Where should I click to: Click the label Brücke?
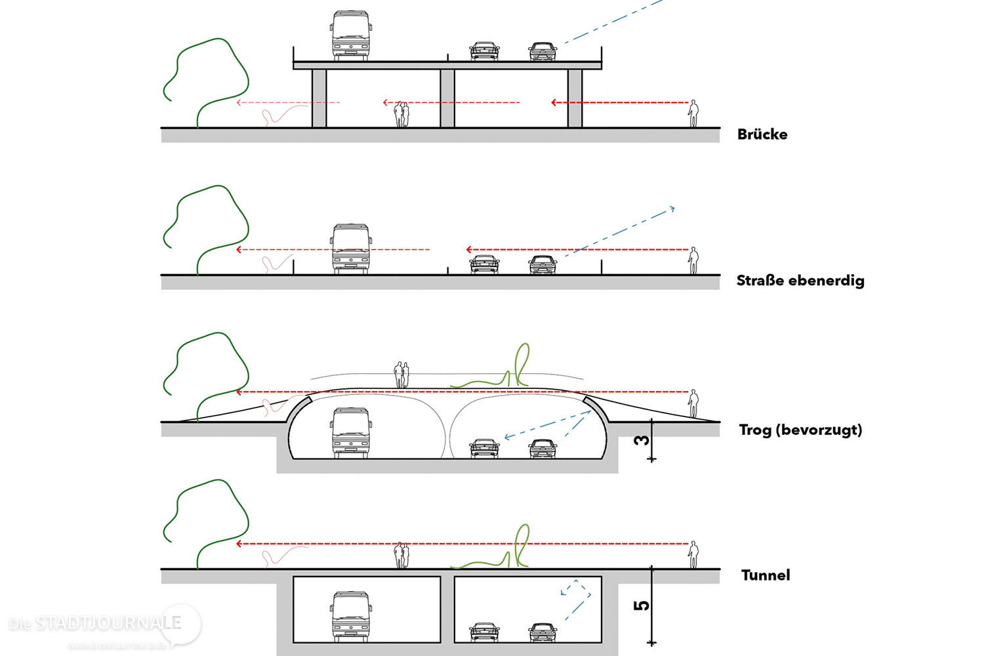pyautogui.click(x=762, y=134)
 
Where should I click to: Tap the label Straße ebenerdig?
pyautogui.click(x=800, y=281)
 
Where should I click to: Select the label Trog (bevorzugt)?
pyautogui.click(x=800, y=430)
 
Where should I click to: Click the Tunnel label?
pyautogui.click(x=765, y=575)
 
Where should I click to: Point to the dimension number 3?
pyautogui.click(x=642, y=440)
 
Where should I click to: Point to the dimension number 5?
pyautogui.click(x=642, y=605)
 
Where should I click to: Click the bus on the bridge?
pyautogui.click(x=350, y=36)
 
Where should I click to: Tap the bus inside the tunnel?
pyautogui.click(x=350, y=617)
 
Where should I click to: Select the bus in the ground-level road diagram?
pyautogui.click(x=350, y=249)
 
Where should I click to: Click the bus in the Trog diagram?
pyautogui.click(x=350, y=433)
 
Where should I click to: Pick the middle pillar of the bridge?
pyautogui.click(x=447, y=98)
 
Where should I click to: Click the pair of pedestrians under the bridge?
pyautogui.click(x=401, y=115)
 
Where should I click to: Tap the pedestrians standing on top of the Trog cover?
pyautogui.click(x=401, y=375)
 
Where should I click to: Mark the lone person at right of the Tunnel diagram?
pyautogui.click(x=693, y=555)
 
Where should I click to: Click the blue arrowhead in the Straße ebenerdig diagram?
pyautogui.click(x=672, y=209)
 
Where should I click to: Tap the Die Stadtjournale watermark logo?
pyautogui.click(x=98, y=626)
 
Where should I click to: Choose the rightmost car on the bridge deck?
pyautogui.click(x=543, y=51)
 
